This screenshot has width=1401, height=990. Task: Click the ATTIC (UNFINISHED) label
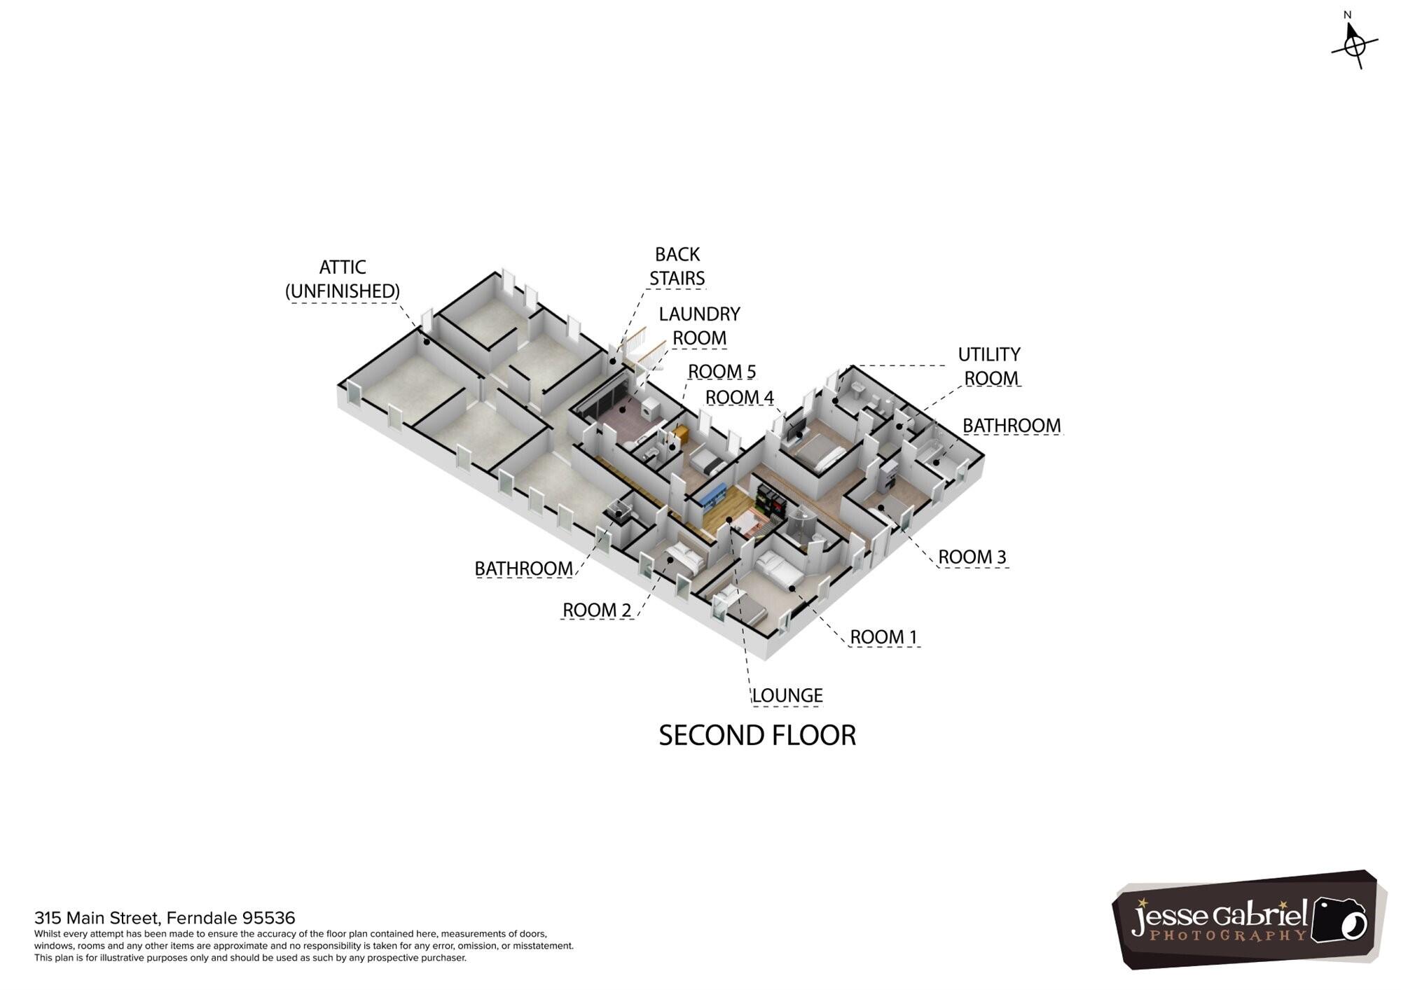343,279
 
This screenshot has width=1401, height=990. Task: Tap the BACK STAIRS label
677,267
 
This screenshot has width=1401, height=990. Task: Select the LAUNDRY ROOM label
699,326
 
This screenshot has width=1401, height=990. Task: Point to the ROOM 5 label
722,371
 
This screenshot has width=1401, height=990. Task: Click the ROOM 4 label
739,397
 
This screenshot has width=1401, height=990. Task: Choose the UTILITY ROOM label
989,366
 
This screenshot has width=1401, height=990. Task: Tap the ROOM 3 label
972,557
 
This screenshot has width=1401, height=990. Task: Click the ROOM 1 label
883,636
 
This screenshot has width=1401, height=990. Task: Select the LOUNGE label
787,695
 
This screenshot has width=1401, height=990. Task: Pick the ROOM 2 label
597,610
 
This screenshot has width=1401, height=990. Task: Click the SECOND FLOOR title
757,735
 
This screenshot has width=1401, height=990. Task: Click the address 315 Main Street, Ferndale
165,918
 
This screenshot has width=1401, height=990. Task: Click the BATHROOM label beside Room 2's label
523,569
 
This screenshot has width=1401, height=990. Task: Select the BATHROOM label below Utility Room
1012,425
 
